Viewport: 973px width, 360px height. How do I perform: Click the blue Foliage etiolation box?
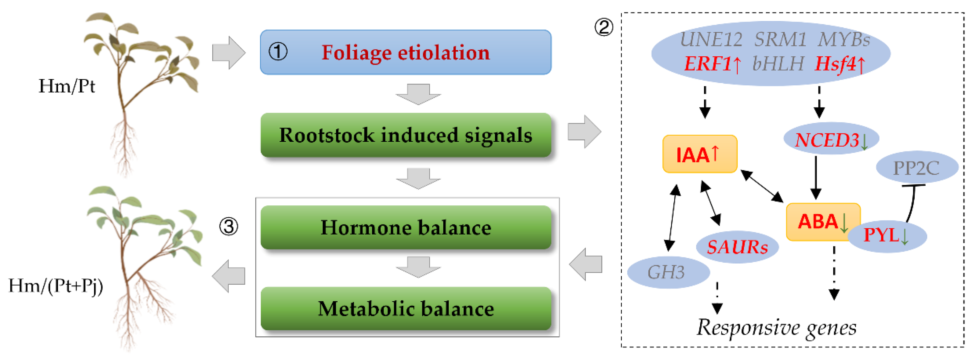405,52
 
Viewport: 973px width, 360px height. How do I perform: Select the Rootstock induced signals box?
405,135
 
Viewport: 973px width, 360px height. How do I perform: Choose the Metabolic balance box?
405,308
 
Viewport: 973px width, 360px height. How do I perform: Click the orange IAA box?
699,154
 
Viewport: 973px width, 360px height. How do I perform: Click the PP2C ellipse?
916,167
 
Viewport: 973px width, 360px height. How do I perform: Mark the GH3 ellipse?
668,272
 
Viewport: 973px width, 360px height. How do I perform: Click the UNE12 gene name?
711,40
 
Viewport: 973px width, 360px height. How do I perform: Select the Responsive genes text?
776,327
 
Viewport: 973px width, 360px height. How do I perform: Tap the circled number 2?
604,27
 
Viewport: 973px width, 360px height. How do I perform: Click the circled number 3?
228,227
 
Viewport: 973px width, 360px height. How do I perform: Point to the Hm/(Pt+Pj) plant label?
55,286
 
